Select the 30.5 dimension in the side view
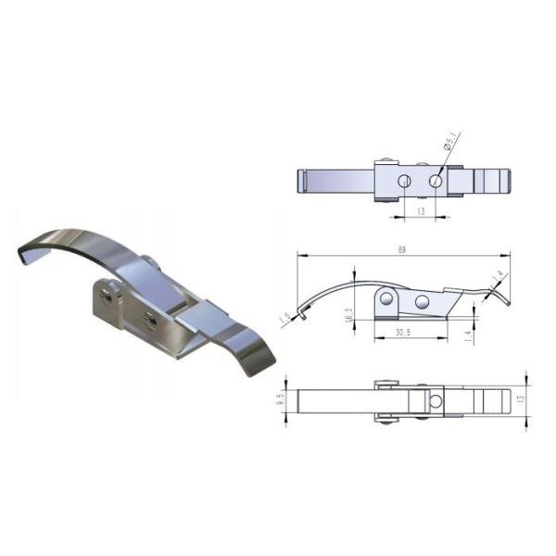[x=402, y=333]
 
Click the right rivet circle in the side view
[x=422, y=302]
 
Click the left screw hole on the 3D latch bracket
[x=109, y=296]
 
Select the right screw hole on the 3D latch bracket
[x=149, y=320]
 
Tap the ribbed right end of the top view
[x=496, y=180]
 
